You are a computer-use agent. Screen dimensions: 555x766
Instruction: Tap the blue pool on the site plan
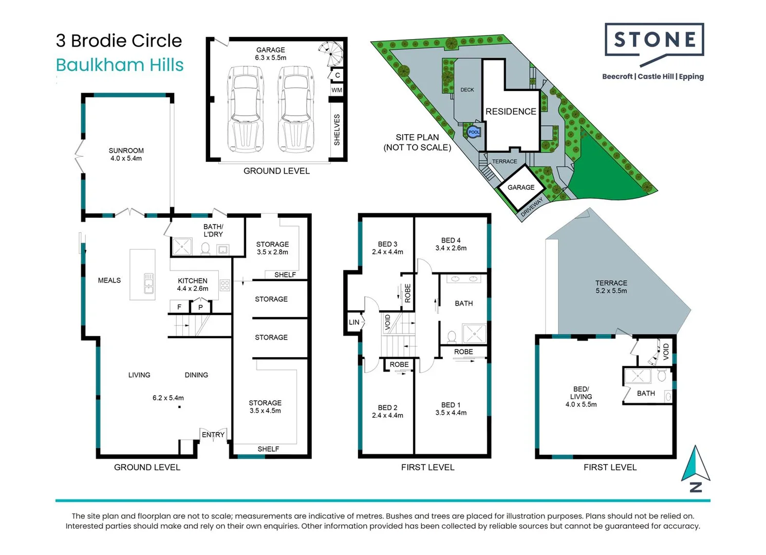[473, 132]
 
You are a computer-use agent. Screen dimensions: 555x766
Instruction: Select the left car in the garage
[245, 109]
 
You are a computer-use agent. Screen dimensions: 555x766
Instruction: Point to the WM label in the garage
[337, 90]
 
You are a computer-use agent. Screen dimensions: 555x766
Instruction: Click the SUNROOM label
[126, 151]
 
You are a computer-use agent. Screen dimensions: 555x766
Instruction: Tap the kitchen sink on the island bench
[148, 283]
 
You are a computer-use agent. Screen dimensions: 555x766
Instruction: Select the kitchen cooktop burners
[225, 285]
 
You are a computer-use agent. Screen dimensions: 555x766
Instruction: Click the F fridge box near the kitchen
[179, 307]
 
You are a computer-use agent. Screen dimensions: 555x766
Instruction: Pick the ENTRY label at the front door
[213, 435]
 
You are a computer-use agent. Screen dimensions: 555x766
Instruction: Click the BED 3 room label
[387, 244]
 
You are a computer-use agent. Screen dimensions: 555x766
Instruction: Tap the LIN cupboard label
[354, 322]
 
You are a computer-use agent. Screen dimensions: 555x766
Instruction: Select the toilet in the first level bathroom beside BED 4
[452, 337]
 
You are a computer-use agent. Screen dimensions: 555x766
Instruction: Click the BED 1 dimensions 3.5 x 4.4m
[451, 413]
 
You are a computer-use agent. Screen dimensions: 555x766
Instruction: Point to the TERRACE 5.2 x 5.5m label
[611, 287]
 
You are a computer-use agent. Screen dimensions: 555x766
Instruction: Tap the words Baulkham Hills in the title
[120, 65]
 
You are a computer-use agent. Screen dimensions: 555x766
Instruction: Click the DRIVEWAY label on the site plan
[532, 207]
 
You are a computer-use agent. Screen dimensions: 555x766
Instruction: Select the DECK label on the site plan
[467, 90]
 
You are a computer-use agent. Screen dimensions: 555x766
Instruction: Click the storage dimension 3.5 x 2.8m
[272, 252]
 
